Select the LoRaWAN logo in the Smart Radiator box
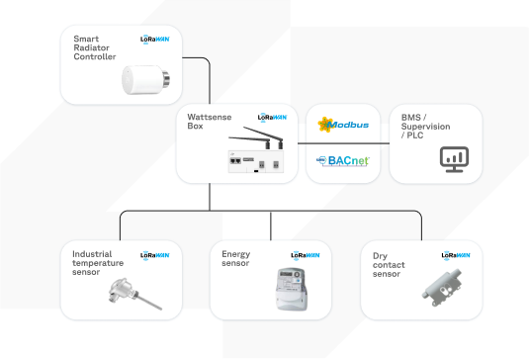(x=156, y=40)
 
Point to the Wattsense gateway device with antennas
(x=255, y=153)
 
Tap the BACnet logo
(x=342, y=160)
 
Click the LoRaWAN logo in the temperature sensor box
(x=156, y=254)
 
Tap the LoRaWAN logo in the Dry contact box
(x=455, y=255)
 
